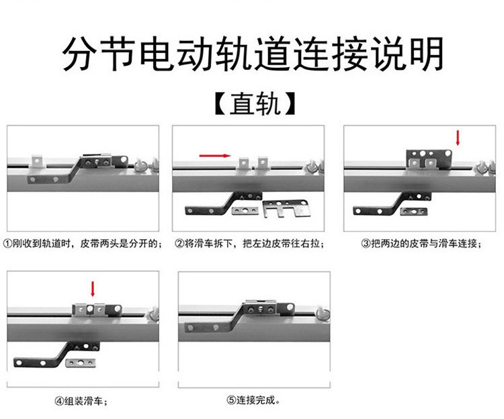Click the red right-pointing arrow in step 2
pos(215,156)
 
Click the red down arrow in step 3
pos(458,138)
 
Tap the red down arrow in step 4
pos(93,289)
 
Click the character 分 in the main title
pos(79,54)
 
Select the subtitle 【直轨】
pos(255,103)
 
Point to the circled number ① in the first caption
pos(7,244)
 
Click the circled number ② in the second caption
pos(179,244)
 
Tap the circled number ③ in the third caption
pos(366,244)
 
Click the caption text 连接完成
pos(256,400)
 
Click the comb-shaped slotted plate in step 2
pos(286,208)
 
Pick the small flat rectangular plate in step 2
pos(245,211)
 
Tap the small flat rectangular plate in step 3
pos(414,212)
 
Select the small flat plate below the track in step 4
pos(81,363)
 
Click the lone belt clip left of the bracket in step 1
pos(37,162)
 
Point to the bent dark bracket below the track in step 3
pos(392,204)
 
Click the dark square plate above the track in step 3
pos(429,159)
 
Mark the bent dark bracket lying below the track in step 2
pos(223,204)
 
